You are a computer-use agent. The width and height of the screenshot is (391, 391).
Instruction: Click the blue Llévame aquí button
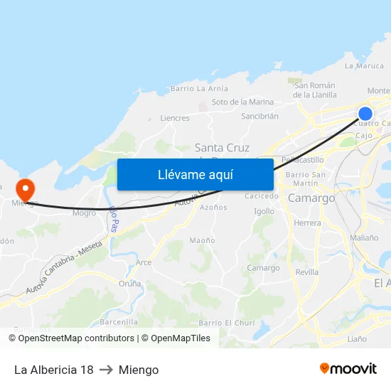[x=195, y=174]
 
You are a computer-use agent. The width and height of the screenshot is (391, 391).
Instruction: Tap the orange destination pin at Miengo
[x=26, y=190]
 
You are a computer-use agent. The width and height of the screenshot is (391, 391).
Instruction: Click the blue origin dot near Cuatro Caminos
[x=365, y=114]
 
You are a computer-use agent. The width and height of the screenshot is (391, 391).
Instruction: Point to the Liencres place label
[x=175, y=118]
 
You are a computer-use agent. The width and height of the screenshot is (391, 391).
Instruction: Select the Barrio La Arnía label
[x=199, y=89]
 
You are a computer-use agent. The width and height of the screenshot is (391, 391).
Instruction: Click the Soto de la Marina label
[x=242, y=102]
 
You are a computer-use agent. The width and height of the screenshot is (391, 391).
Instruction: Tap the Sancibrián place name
[x=259, y=116]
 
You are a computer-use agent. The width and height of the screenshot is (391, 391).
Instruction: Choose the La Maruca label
[x=364, y=66]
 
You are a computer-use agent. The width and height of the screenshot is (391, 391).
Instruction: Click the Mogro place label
[x=84, y=213]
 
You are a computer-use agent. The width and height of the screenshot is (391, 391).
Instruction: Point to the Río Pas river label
[x=114, y=219]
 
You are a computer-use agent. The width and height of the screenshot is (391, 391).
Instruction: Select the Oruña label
[x=129, y=283]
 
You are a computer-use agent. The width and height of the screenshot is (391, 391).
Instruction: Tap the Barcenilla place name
[x=119, y=321]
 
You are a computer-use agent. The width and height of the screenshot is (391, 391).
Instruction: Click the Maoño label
[x=202, y=240]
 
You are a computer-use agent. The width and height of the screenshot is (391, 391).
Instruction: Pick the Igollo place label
[x=264, y=211]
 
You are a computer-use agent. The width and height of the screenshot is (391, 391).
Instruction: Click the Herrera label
[x=307, y=223]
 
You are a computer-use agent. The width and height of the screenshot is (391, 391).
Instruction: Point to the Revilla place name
[x=306, y=272]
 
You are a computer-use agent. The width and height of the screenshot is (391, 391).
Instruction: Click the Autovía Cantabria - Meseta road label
[x=64, y=267]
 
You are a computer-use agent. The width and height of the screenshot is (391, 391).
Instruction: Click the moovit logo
[x=348, y=368]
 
